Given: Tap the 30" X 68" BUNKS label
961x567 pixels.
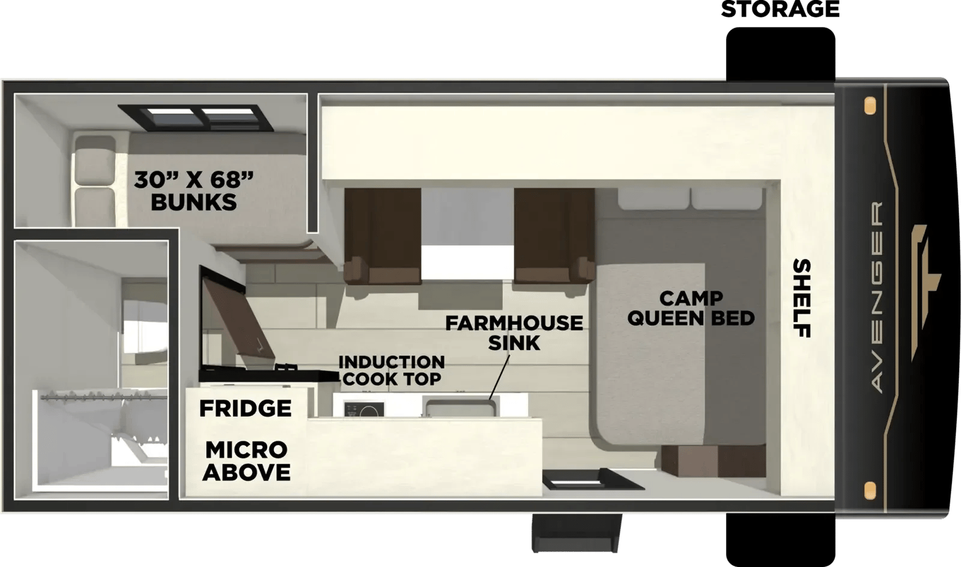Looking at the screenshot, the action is [x=193, y=191].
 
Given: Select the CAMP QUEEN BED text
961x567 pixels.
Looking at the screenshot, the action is [x=691, y=308].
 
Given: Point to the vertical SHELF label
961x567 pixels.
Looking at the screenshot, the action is [x=801, y=298].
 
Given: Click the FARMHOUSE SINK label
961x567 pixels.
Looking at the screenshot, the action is [x=514, y=333].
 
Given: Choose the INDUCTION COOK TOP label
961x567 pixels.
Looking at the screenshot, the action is [x=392, y=370].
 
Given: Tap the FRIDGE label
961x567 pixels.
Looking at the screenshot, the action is [x=246, y=408].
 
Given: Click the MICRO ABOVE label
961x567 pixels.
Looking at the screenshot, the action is [x=246, y=461].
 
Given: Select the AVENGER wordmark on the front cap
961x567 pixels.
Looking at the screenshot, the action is [x=877, y=297].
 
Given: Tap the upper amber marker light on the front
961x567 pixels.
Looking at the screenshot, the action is [x=870, y=105].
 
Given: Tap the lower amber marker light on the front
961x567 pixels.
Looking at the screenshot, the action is [x=870, y=491].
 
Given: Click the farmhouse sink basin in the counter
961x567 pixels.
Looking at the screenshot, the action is [x=459, y=407].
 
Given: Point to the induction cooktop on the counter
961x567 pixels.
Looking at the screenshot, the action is [x=364, y=409].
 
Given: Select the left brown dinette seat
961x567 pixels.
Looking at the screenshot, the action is [x=382, y=236].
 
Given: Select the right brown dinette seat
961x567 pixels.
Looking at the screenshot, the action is [x=554, y=236].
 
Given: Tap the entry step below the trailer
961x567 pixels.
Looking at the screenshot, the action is [x=577, y=533].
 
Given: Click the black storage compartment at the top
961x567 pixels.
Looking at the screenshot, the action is [x=780, y=54].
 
